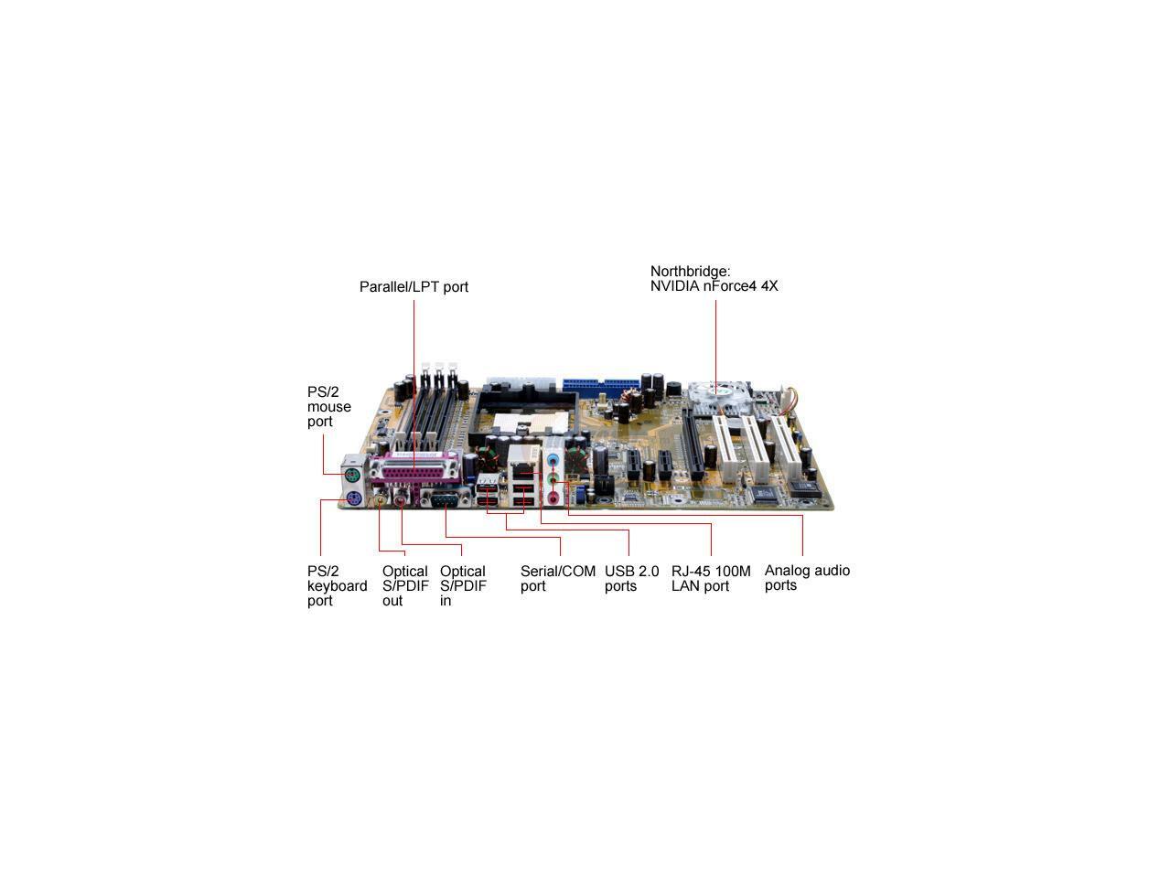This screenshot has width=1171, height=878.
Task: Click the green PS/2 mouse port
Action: click(353, 475)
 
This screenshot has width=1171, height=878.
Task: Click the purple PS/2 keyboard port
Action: click(353, 498)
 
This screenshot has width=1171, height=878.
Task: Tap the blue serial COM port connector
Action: click(445, 499)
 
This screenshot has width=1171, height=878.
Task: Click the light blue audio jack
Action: click(553, 460)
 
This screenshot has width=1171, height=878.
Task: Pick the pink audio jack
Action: click(553, 497)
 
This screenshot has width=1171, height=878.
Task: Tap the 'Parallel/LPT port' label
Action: click(414, 287)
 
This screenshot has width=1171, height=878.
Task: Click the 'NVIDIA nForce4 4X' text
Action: click(714, 286)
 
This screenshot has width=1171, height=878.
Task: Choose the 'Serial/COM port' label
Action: click(558, 578)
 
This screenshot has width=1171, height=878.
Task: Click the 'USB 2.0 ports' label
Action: click(631, 578)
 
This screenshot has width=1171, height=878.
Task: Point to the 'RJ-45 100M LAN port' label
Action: click(711, 578)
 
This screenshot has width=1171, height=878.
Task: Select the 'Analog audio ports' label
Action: click(807, 577)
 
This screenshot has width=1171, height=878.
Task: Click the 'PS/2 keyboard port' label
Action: click(337, 585)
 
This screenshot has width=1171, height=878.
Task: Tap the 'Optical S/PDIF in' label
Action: click(463, 585)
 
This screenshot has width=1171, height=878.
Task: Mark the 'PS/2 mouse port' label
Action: click(329, 406)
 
